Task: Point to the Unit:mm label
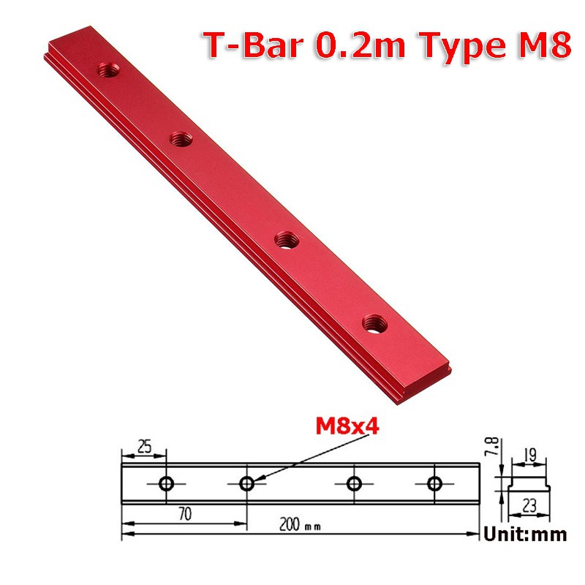(525, 535)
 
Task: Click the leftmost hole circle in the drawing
(167, 483)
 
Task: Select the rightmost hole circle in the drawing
(435, 483)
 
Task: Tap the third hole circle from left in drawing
(355, 483)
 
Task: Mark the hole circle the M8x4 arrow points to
(247, 483)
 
